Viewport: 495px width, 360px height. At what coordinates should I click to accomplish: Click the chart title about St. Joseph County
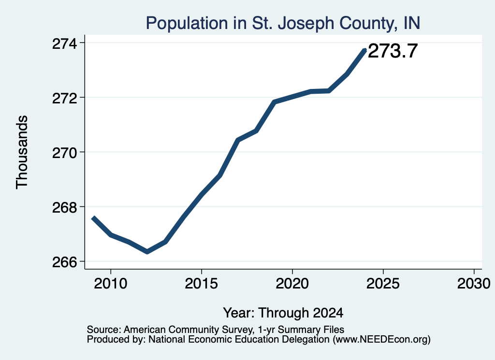[283, 23]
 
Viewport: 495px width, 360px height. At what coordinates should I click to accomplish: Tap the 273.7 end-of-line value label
[393, 51]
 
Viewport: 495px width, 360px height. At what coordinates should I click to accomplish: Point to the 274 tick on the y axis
[64, 43]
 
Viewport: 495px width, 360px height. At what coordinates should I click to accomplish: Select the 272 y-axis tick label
[64, 98]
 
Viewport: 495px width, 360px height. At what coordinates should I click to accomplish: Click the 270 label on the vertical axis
[64, 153]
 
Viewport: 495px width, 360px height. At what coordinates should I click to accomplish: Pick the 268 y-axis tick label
[64, 208]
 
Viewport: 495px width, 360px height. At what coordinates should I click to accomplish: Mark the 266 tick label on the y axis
[64, 262]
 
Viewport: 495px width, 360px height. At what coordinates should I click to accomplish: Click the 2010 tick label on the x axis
[111, 283]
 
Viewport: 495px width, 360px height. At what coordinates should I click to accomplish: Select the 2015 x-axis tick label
[202, 283]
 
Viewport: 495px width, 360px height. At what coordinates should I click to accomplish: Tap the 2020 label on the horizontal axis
[292, 283]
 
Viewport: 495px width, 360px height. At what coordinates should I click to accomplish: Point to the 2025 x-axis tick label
[383, 283]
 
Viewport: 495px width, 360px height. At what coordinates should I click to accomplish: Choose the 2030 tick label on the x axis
[474, 283]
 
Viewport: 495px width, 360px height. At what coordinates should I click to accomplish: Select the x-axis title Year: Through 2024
[283, 313]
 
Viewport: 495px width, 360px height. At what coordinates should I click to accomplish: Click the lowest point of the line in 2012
[147, 251]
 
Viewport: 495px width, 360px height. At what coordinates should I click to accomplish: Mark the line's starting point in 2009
[93, 217]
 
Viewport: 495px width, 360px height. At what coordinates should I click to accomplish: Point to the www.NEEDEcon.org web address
[382, 340]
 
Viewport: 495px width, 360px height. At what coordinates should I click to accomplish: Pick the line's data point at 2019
[274, 102]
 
